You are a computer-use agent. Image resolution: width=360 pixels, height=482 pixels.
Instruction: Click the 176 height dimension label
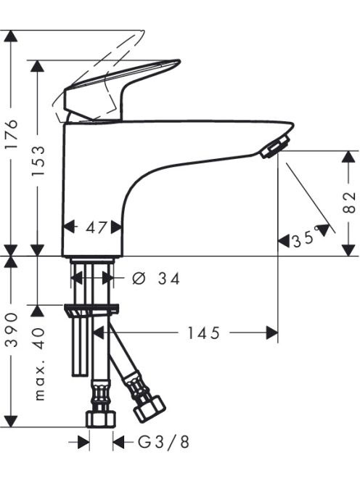pos(12,134)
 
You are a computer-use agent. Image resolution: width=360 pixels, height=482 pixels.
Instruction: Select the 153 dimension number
pos(38,160)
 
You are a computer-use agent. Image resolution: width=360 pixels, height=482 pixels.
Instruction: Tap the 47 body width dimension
pos(96,227)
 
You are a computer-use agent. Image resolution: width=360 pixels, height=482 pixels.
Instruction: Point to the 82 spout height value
pos(349,203)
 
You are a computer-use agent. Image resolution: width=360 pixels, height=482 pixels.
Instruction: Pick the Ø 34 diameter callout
pos(156,279)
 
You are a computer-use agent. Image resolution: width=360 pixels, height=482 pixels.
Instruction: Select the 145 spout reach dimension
pos(204,333)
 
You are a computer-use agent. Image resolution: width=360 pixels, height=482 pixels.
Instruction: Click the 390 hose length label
pos(12,330)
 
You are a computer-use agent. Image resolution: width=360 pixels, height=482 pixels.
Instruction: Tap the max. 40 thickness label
pos(38,364)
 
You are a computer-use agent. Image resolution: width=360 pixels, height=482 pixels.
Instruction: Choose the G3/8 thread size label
pos(163,443)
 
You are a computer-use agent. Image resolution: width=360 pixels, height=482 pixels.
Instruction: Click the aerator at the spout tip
pos(275,147)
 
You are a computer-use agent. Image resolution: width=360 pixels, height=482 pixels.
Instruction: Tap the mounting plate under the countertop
pos(91,310)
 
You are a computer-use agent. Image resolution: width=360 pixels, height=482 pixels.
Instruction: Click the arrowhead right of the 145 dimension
pos(272,333)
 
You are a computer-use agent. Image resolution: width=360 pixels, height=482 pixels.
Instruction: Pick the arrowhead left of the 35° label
pos(284,241)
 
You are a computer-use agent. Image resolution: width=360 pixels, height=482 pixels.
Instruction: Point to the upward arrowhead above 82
pos(348,157)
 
